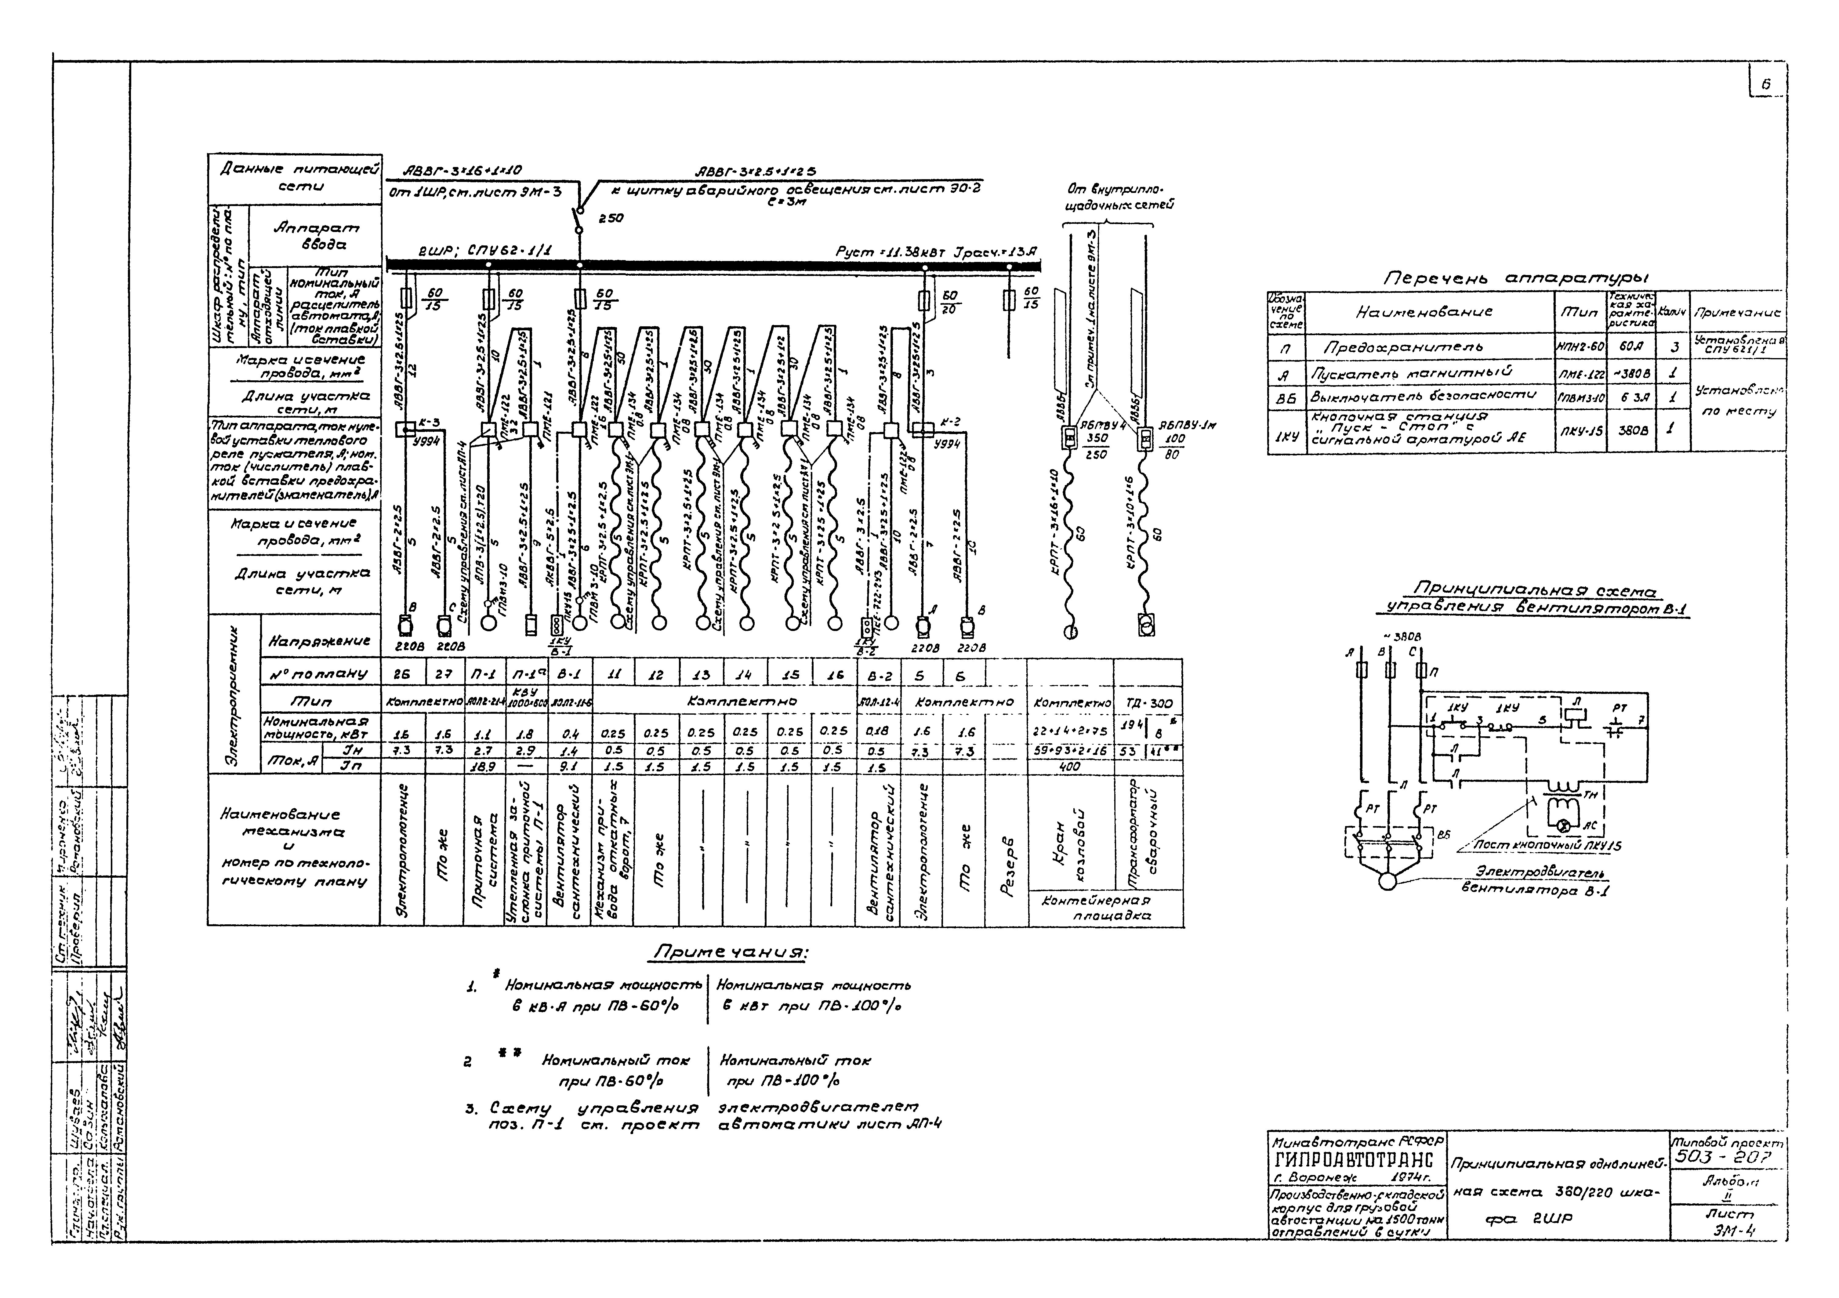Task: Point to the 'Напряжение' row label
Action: [x=319, y=640]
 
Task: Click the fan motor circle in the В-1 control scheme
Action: [x=1387, y=880]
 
